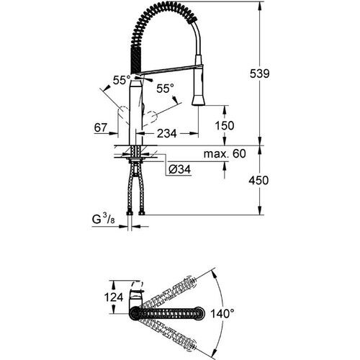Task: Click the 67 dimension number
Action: [x=101, y=127]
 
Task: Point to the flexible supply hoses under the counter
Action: [x=132, y=187]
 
